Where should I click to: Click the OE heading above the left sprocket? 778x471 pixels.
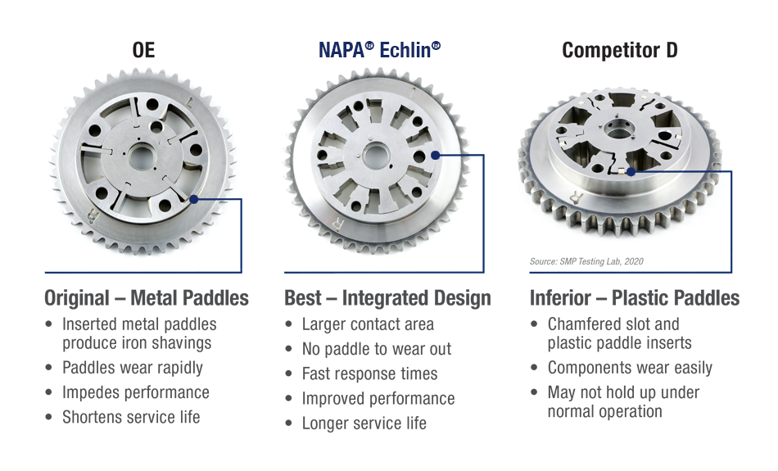click(143, 50)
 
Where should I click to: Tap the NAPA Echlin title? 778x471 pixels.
click(379, 50)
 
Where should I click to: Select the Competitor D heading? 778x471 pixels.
click(620, 50)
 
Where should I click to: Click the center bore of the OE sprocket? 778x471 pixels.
click(142, 157)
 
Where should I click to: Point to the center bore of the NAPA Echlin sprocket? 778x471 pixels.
click(376, 156)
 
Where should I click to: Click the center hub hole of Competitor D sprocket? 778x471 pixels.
click(618, 133)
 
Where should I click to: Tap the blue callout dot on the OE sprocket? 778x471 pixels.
click(194, 199)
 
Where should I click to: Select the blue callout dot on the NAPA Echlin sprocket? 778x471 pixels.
click(435, 155)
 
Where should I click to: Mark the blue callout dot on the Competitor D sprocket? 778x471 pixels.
click(631, 172)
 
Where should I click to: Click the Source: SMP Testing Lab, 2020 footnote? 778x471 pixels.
click(586, 261)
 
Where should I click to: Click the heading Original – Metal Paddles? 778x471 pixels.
click(147, 298)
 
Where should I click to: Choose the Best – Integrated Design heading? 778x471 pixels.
click(387, 298)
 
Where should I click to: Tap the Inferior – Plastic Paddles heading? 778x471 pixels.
click(635, 298)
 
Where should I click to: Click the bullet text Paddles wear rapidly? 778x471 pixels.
click(133, 368)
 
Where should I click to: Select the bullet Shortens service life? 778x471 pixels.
click(131, 417)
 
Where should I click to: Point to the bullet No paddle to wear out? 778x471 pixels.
click(377, 349)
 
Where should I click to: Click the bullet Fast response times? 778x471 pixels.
click(369, 374)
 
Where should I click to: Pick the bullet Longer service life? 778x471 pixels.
click(364, 423)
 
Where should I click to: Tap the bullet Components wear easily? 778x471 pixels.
click(630, 368)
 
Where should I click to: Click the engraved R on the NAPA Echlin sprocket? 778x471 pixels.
click(337, 224)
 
